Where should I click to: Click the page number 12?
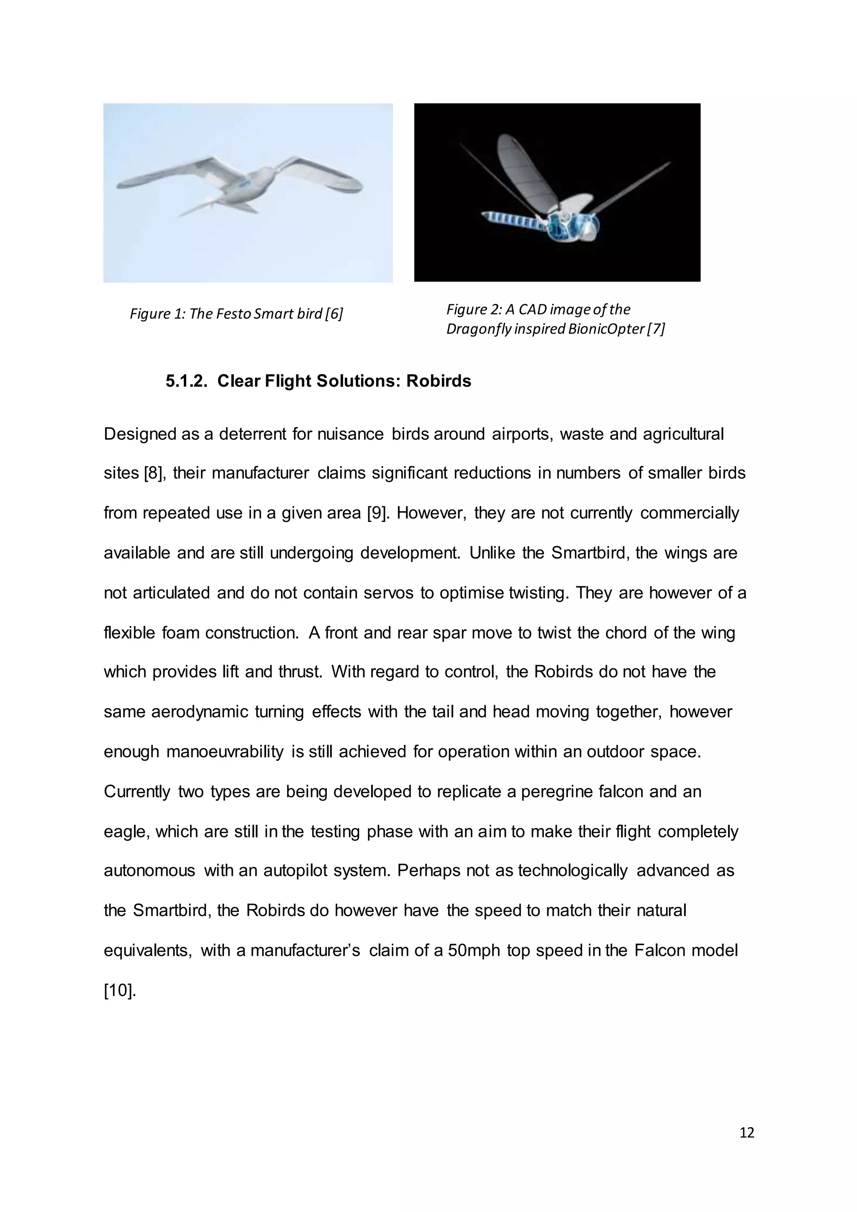coord(747,1132)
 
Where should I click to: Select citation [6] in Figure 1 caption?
coord(334,314)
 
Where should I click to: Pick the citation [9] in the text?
coord(378,513)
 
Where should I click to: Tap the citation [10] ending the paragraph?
coord(120,991)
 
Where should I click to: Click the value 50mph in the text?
coord(473,951)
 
